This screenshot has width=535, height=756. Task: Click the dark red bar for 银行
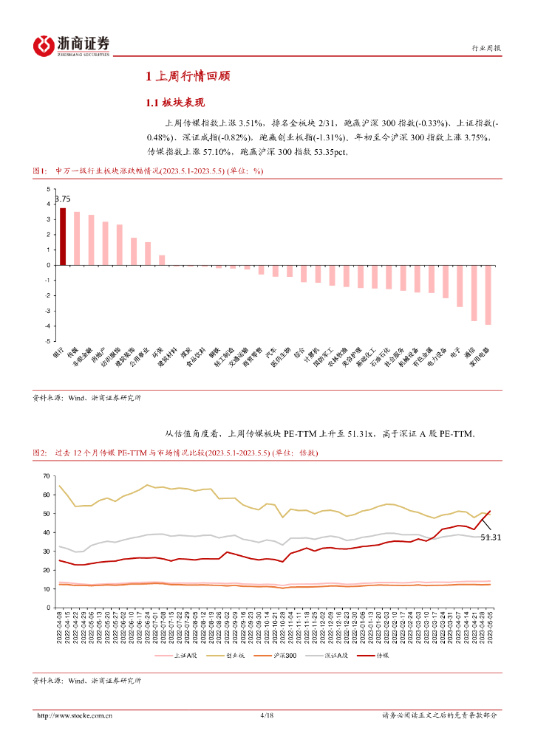tap(63, 236)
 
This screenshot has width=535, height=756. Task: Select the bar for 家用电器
tap(488, 295)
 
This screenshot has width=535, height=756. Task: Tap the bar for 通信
tap(474, 292)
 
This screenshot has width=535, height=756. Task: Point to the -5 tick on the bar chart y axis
tap(48, 342)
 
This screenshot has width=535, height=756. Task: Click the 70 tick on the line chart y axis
tap(46, 475)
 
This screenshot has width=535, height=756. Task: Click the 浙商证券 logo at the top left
tap(71, 46)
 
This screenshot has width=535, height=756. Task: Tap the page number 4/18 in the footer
tap(267, 715)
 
